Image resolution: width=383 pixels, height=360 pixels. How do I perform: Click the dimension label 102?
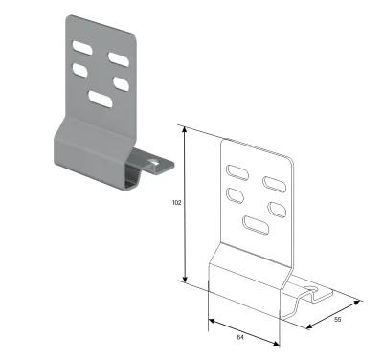174,203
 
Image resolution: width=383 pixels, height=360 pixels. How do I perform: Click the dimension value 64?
240,337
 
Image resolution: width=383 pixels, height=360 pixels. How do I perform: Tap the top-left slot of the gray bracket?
84,45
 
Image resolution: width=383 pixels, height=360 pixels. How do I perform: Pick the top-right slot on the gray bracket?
118,57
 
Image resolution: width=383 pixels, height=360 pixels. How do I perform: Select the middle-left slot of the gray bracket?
80,69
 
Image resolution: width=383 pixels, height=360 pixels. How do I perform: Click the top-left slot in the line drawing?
236,172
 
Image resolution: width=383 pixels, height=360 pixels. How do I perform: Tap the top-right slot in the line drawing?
276,183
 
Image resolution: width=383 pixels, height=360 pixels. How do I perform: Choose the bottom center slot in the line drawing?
256,225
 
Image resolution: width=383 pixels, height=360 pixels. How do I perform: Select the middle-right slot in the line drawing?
276,207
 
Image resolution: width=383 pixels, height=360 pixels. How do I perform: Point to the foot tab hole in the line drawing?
312,285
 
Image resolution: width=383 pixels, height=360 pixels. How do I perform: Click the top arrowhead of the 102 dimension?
185,127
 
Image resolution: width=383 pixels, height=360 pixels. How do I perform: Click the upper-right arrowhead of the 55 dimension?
359,303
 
